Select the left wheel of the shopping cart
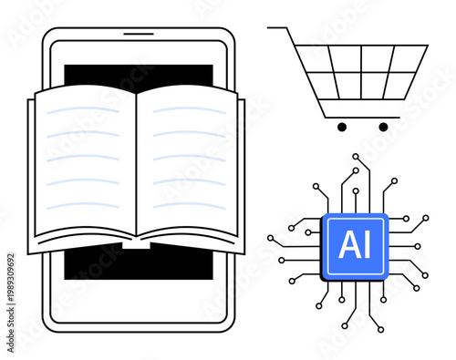pyautogui.click(x=342, y=127)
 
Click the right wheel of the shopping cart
pyautogui.click(x=383, y=127)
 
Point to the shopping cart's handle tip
pyautogui.click(x=270, y=28)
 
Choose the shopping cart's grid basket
pyautogui.click(x=360, y=71)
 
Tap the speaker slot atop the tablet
pyautogui.click(x=138, y=35)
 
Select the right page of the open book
pyautogui.click(x=190, y=164)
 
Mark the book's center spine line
pyautogui.click(x=137, y=164)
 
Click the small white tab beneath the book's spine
pyautogui.click(x=137, y=243)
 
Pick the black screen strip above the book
pyautogui.click(x=137, y=76)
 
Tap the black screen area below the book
pyautogui.click(x=137, y=264)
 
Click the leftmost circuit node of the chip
pyautogui.click(x=271, y=238)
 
